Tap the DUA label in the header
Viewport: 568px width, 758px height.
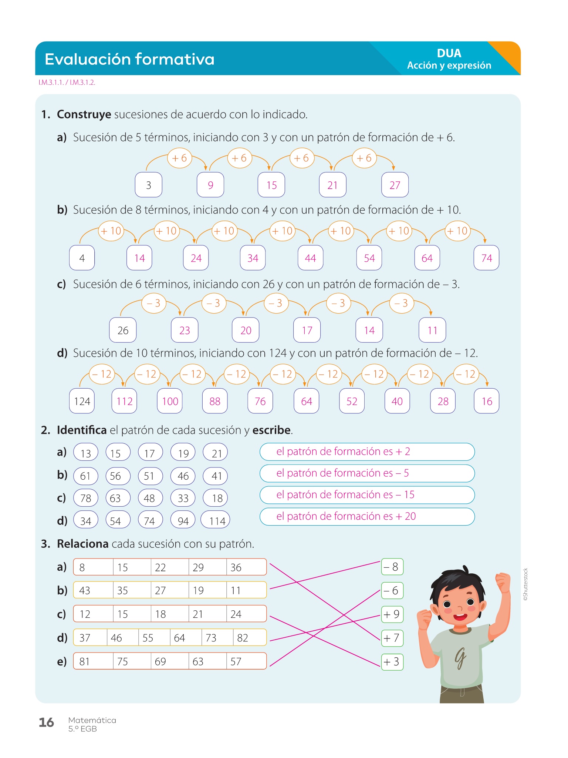point(449,53)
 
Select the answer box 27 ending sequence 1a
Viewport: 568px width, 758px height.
point(395,185)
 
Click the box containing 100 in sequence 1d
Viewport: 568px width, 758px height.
point(170,401)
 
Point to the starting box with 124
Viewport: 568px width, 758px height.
point(82,401)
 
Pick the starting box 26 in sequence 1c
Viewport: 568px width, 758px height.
point(123,330)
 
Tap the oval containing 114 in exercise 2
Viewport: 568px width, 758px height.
point(216,520)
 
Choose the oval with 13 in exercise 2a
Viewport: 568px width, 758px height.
point(86,453)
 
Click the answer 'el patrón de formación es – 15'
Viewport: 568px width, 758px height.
point(367,495)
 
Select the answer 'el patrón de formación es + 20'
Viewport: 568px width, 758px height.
point(367,516)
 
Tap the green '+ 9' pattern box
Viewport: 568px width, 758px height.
point(392,614)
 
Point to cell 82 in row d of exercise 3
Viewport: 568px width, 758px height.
point(248,638)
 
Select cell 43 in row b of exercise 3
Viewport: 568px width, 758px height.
point(92,590)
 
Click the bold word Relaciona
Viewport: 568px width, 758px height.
point(82,544)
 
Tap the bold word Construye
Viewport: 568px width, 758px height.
point(84,114)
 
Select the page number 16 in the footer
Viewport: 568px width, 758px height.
point(46,722)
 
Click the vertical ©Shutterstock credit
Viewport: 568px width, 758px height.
point(526,584)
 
